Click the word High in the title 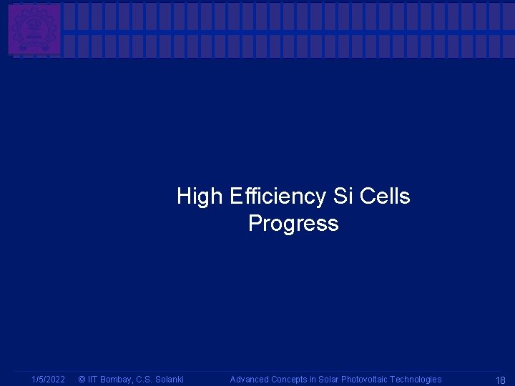[x=200, y=196]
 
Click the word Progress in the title [x=293, y=224]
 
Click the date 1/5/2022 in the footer [x=48, y=380]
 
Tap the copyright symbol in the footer [x=82, y=380]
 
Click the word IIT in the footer [x=94, y=380]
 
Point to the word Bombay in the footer [x=119, y=380]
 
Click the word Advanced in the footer [x=249, y=380]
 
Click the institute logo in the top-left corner [x=34, y=29]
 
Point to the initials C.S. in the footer [x=144, y=380]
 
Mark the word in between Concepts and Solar [x=313, y=380]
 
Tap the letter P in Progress [x=255, y=224]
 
